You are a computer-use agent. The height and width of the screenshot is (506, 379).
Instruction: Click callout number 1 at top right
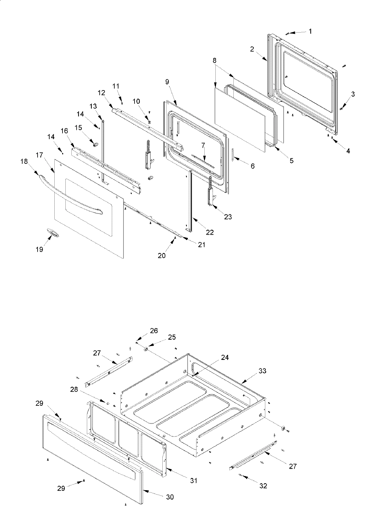coord(310,31)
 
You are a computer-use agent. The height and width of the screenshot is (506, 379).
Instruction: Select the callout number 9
coord(167,82)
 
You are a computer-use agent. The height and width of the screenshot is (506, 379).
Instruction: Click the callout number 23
coord(228,217)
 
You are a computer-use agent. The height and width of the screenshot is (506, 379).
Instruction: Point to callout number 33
coord(262,371)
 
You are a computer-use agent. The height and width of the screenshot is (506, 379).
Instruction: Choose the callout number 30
coord(170,497)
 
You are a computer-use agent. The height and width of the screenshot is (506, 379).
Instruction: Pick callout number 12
coord(101,93)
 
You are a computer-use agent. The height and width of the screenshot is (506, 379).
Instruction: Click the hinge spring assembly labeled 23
coord(210,193)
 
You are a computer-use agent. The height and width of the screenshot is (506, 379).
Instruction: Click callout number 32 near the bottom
coord(263,486)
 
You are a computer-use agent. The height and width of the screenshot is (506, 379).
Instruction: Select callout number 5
coord(291,161)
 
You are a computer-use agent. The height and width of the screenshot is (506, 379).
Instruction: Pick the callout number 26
coord(154,331)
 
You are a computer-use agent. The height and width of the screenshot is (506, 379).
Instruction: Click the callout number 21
coord(202,244)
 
